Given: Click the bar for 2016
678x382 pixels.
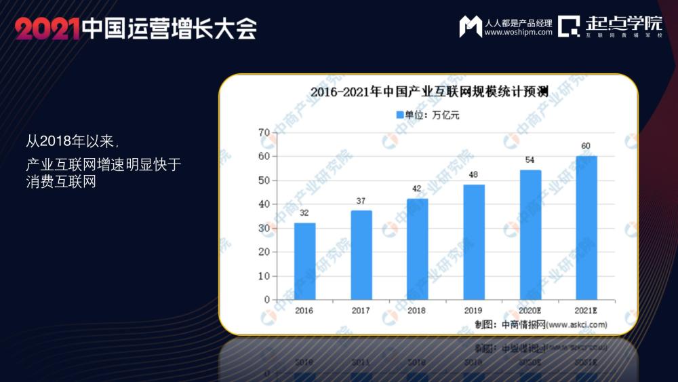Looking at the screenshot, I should tap(304, 261).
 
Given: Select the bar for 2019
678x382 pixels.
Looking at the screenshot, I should tap(474, 242).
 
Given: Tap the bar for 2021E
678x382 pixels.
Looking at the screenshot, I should tap(586, 228).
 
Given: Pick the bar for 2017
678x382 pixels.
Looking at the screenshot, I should tap(361, 255).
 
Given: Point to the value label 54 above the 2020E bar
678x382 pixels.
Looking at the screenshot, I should tap(530, 161).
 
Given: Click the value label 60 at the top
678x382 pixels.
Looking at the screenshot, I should tap(586, 146).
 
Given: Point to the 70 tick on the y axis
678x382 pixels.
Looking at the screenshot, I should tap(264, 132).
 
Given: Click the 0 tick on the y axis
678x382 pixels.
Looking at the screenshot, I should tap(266, 300).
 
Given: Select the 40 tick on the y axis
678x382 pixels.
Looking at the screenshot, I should tap(264, 204).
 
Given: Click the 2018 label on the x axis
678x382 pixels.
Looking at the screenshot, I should tap(418, 310).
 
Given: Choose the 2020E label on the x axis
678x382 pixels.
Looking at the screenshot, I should tap(530, 310).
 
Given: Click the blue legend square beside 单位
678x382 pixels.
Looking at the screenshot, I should tap(399, 115).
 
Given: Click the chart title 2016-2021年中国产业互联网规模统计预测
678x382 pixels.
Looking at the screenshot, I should tap(428, 92).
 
